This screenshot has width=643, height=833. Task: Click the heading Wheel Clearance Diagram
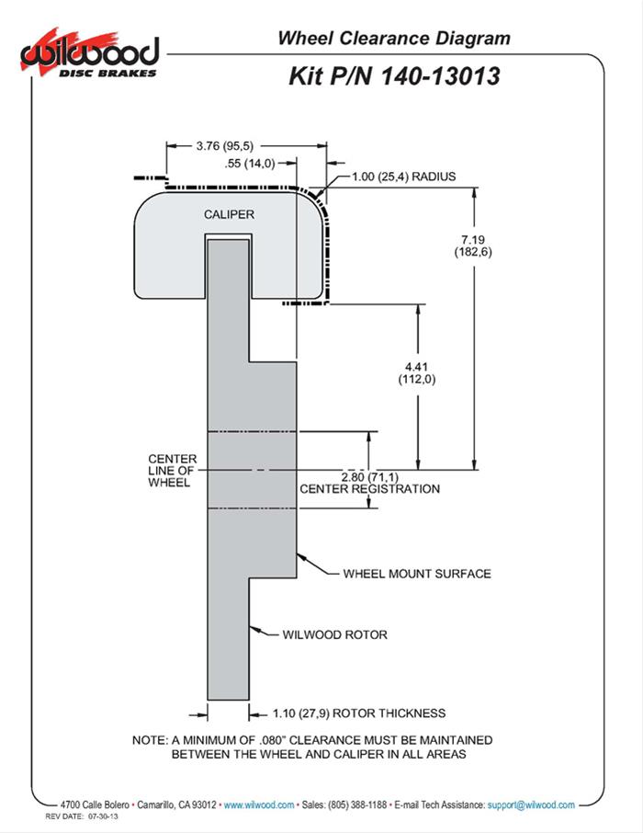pyautogui.click(x=393, y=39)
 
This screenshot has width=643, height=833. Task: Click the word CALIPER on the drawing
pyautogui.click(x=229, y=214)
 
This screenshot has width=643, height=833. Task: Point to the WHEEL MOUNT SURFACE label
pyautogui.click(x=416, y=574)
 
